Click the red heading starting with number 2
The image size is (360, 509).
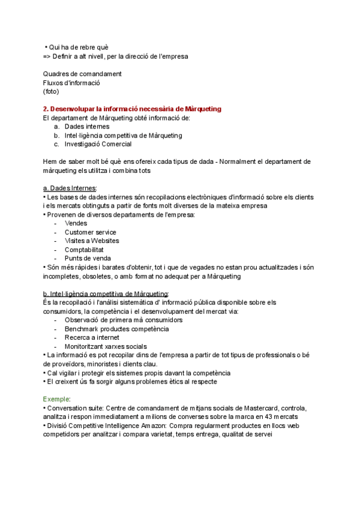[132, 109]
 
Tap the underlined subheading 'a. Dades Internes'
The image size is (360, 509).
[70, 188]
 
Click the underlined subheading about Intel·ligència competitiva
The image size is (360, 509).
[106, 294]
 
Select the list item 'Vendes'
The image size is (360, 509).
[76, 223]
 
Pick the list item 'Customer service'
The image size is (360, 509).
[91, 232]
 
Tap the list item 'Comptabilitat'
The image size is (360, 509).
[85, 250]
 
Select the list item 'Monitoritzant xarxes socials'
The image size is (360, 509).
[106, 346]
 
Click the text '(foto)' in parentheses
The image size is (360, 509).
[51, 91]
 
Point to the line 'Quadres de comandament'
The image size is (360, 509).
[82, 74]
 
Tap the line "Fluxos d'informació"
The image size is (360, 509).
[71, 83]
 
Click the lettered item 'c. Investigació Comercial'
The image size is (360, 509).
[93, 144]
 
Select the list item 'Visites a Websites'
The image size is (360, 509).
[92, 241]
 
